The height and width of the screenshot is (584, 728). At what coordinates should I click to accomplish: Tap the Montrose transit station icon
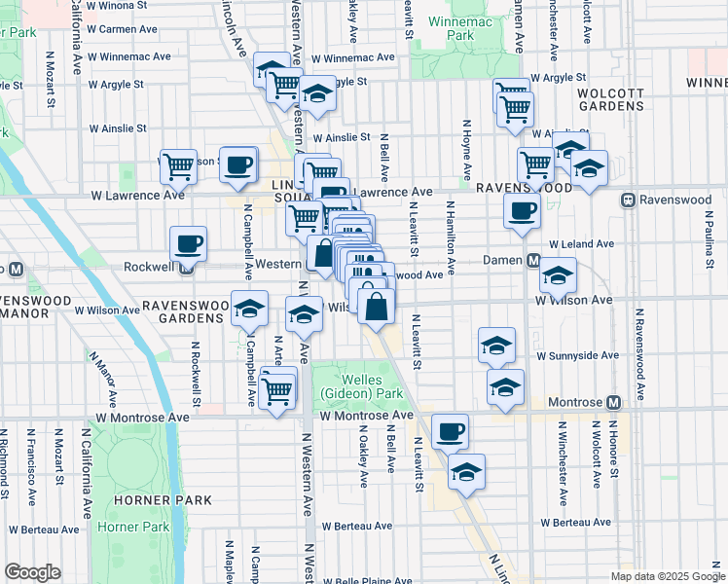[x=613, y=402]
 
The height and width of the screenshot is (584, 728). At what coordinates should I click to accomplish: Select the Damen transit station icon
[x=533, y=261]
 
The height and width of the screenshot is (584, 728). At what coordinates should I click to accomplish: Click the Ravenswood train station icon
[x=629, y=201]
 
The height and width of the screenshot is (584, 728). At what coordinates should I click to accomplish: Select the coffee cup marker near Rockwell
[x=188, y=243]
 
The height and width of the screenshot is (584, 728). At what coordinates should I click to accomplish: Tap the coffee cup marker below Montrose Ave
[x=449, y=431]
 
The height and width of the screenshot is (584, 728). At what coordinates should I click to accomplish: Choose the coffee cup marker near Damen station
[x=522, y=210]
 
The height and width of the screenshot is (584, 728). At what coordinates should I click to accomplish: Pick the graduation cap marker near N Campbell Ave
[x=250, y=309]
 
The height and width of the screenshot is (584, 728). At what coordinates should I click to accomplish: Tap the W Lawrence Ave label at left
[x=124, y=195]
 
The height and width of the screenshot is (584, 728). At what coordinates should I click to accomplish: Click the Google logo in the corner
[x=32, y=572]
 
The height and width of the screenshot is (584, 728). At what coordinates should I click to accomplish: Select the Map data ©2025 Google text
[x=667, y=576]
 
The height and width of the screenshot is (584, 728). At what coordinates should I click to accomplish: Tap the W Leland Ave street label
[x=581, y=244]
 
